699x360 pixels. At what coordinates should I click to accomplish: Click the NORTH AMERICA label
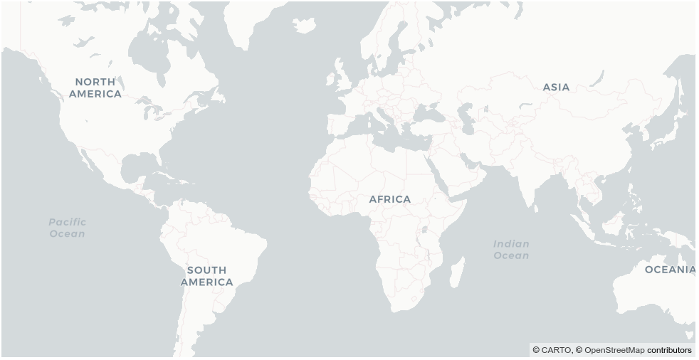coord(95,88)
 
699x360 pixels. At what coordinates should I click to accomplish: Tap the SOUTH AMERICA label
coord(206,276)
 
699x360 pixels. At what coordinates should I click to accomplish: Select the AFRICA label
coord(389,199)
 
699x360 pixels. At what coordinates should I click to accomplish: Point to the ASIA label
coord(556,87)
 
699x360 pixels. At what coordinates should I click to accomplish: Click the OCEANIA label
coord(669,270)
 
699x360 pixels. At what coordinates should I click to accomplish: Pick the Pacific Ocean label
coord(67,228)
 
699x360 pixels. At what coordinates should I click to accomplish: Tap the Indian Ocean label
coord(511,249)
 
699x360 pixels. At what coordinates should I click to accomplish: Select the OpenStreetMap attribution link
coord(614,350)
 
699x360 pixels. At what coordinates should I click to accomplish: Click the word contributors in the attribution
coord(669,350)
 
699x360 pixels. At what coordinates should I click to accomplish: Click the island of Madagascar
coord(458,272)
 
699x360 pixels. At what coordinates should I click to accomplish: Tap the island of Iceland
coord(304,26)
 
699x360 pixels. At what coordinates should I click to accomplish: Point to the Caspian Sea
coord(466,114)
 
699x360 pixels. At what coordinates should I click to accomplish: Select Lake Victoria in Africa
coord(426,229)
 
